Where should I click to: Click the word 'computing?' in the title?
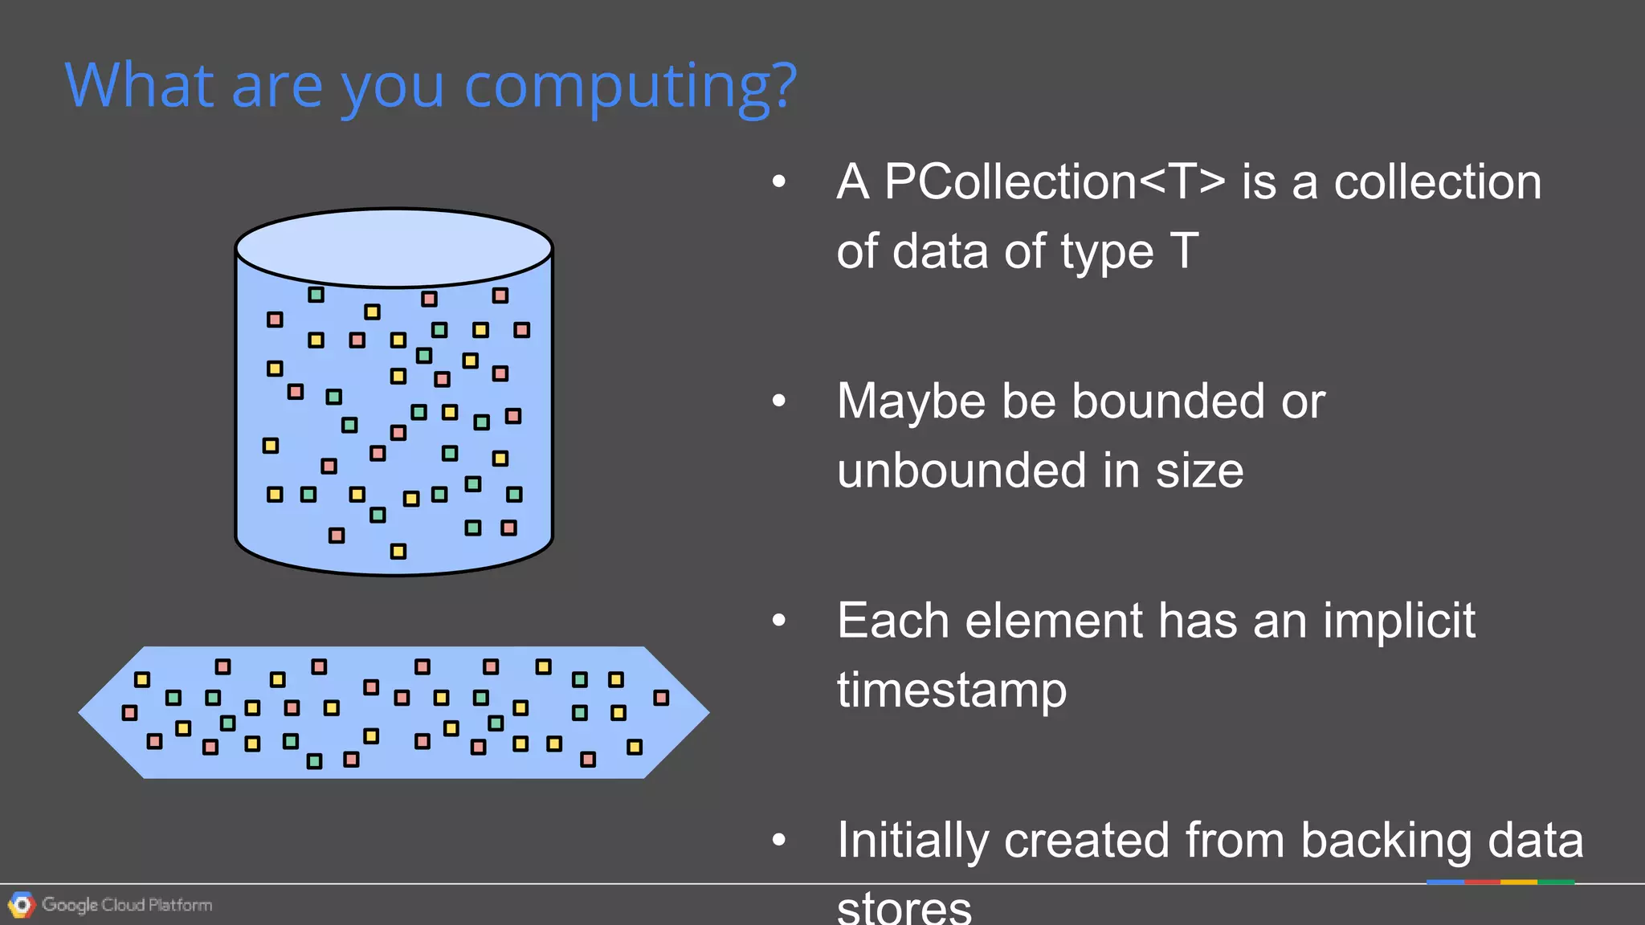pos(631,87)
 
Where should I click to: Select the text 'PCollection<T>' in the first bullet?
pos(1055,182)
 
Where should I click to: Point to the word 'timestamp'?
pos(952,691)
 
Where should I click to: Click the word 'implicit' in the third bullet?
pos(1398,621)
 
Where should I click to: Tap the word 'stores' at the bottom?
pos(904,909)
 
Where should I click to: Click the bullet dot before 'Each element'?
pos(778,621)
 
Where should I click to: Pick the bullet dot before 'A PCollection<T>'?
pos(778,182)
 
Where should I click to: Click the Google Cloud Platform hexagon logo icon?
pos(22,905)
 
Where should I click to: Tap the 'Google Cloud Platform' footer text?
pos(127,905)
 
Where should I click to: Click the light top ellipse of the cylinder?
pos(394,247)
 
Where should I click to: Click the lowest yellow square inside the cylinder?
pos(398,551)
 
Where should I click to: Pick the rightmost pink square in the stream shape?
pos(661,698)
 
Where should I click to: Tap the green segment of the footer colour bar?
pos(1556,882)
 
